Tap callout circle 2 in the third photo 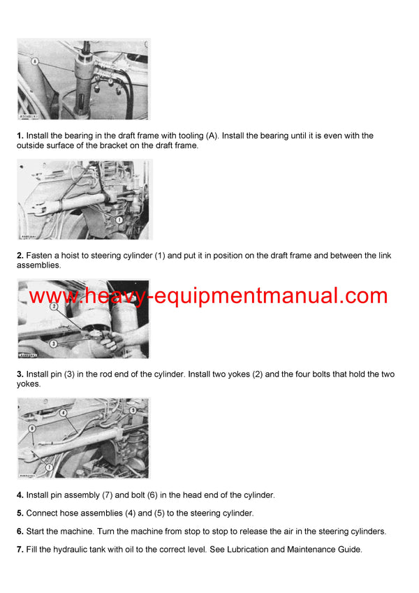[53, 325]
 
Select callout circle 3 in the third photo [53, 343]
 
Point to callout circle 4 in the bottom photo [63, 412]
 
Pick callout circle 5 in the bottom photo [133, 410]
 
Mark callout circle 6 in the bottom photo [31, 427]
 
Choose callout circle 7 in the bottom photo [49, 467]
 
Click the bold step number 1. [20, 136]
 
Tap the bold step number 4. [20, 495]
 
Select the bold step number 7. [20, 550]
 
